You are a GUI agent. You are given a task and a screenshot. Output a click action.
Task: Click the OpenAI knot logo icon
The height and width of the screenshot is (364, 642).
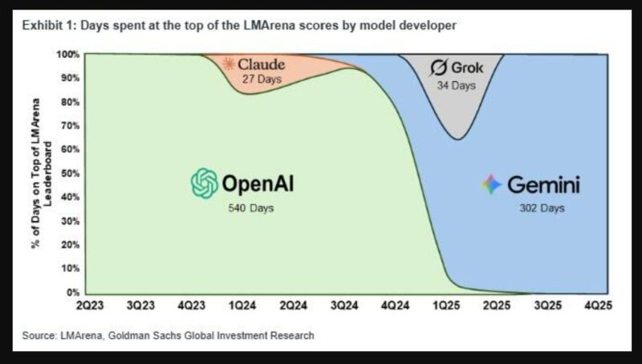(205, 183)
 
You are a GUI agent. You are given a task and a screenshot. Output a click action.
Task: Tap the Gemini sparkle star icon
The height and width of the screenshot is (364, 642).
(492, 185)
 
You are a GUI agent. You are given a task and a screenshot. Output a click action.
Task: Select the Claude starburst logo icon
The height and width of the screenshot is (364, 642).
(231, 64)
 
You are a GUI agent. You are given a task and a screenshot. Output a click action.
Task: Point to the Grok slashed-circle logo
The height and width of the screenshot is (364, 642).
(438, 67)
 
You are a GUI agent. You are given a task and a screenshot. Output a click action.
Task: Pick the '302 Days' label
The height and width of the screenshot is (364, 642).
(542, 209)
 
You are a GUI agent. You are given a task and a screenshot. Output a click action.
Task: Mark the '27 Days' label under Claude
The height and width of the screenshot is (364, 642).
(258, 80)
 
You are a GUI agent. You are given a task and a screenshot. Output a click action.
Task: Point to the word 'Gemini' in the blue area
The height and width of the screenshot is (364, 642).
(542, 185)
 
